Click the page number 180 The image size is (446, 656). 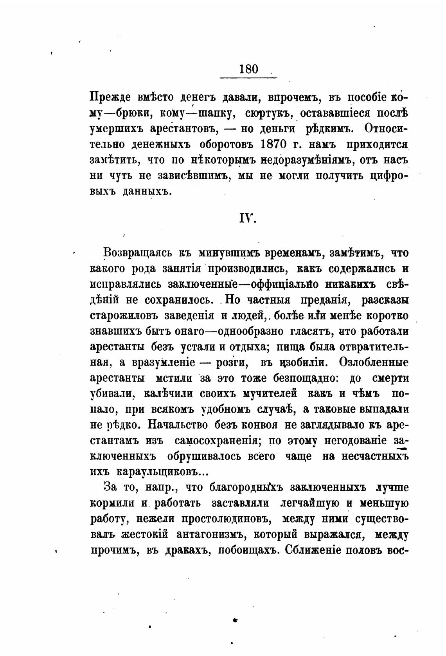click(x=248, y=69)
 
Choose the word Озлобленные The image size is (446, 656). click(x=374, y=362)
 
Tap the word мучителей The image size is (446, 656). click(x=265, y=393)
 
